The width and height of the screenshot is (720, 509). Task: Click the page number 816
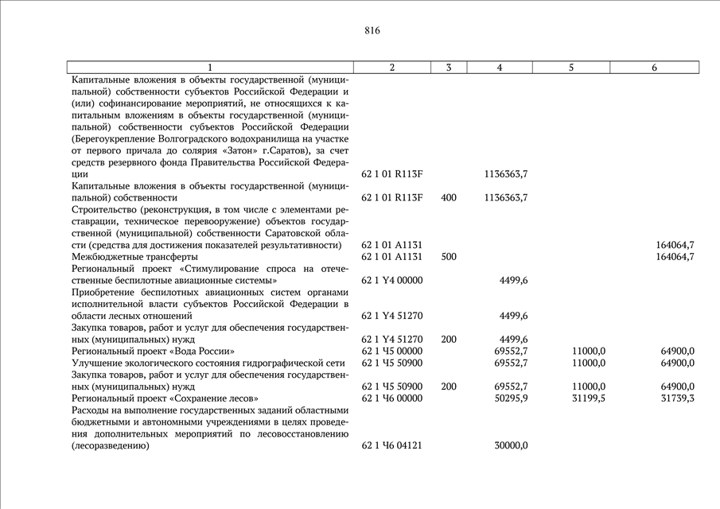coord(372,31)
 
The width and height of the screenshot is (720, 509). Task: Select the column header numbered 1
coord(210,68)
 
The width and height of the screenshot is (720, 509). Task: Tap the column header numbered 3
coord(449,68)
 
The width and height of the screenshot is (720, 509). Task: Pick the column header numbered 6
coord(654,68)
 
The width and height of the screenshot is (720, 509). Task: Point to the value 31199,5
coord(589,398)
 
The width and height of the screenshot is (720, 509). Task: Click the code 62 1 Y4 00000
coord(391,280)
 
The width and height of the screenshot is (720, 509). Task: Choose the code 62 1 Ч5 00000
coord(391,351)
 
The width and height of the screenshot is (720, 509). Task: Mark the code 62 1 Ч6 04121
coord(391,446)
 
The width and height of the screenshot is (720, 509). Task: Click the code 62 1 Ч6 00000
coord(391,398)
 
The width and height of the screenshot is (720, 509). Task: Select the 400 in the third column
coord(448,197)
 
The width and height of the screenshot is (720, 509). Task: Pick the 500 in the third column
coord(448,257)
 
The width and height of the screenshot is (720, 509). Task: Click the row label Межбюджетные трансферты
coord(134,257)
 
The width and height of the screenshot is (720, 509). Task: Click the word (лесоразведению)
coord(110,446)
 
